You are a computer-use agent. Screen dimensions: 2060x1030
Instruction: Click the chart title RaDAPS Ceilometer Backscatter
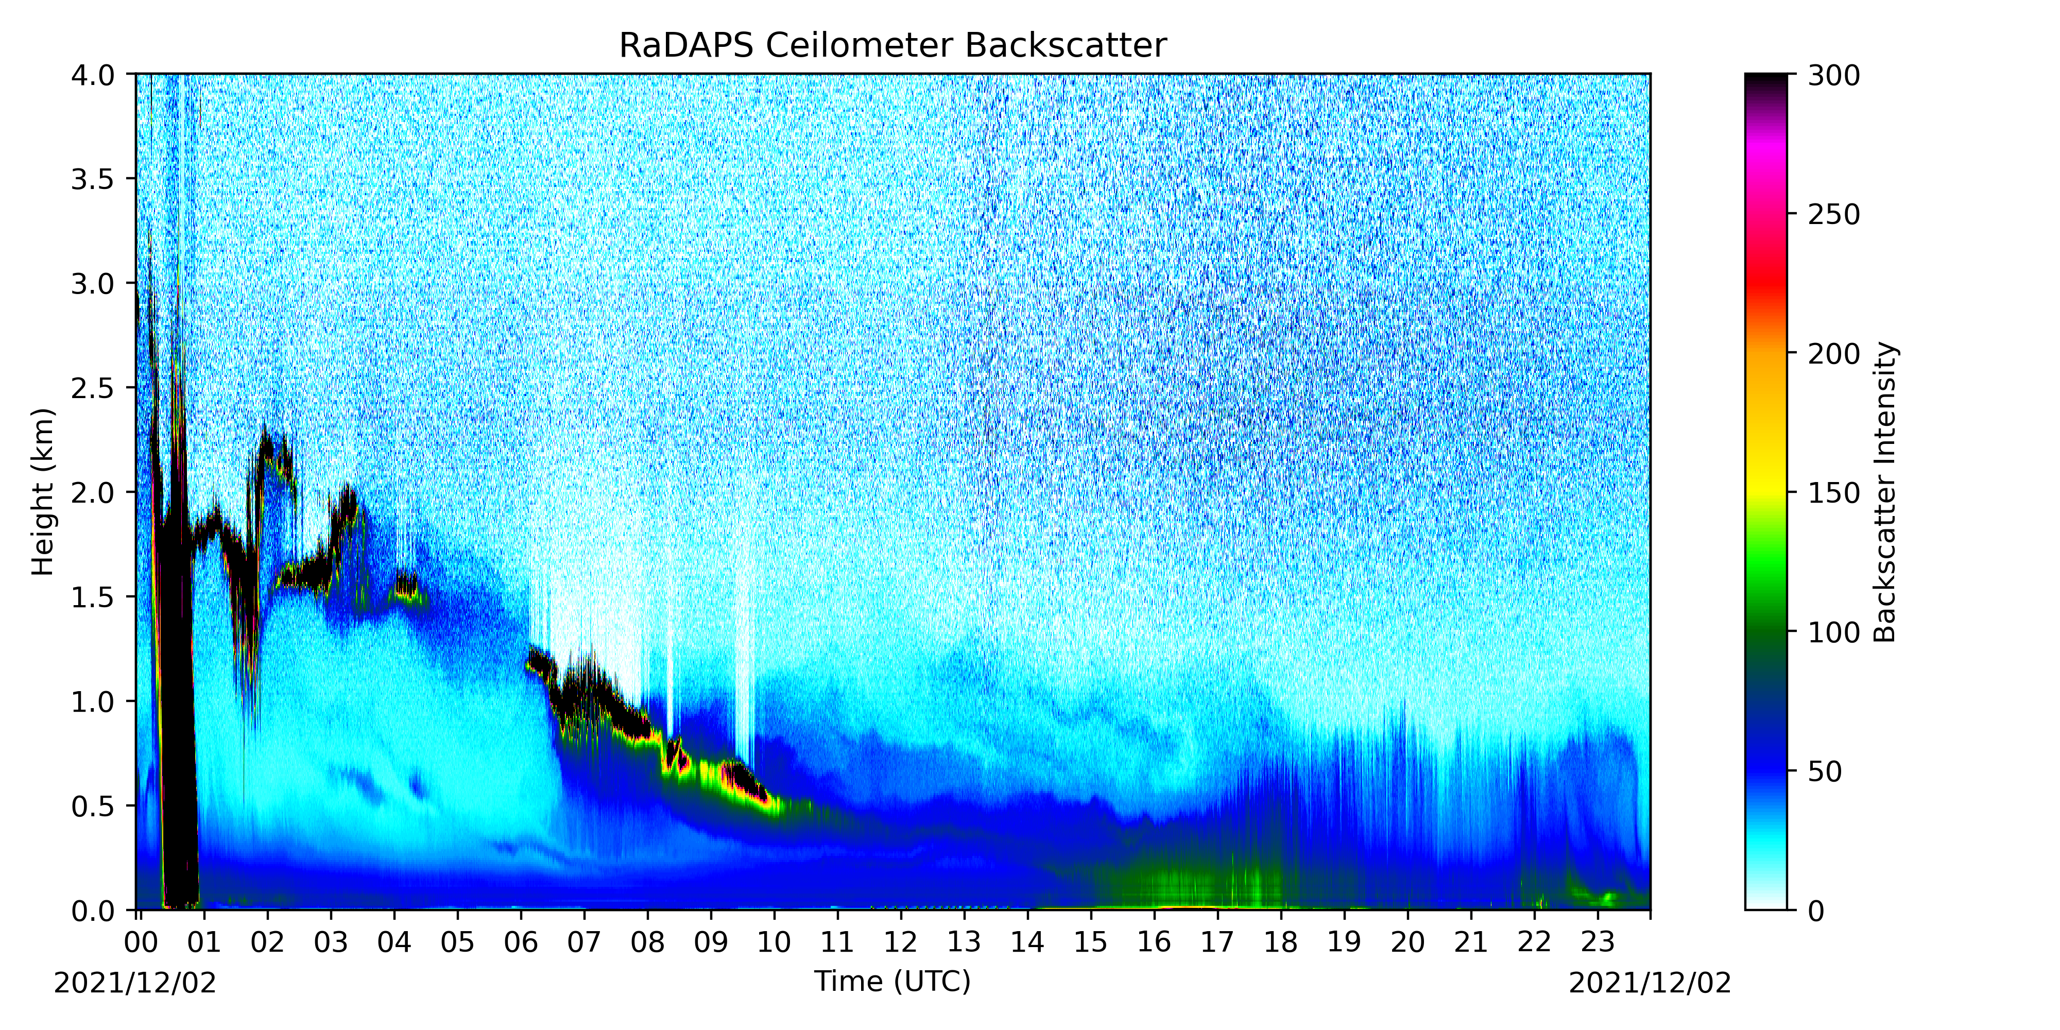click(x=892, y=46)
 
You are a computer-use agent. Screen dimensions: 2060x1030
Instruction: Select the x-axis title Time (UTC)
click(x=892, y=981)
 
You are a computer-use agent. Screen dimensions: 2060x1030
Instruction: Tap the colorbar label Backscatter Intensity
click(x=1885, y=492)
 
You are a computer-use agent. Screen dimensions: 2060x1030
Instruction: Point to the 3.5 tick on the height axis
click(x=92, y=179)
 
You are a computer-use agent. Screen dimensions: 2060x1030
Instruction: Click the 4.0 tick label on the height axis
click(x=92, y=75)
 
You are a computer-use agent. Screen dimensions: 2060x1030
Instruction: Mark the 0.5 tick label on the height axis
click(x=92, y=806)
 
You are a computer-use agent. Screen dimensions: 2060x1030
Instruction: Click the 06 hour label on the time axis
click(x=521, y=942)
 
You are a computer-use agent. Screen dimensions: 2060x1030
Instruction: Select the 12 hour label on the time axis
click(x=900, y=942)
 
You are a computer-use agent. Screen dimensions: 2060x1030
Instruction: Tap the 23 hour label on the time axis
click(x=1598, y=942)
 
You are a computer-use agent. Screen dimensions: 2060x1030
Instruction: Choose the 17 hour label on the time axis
click(x=1217, y=942)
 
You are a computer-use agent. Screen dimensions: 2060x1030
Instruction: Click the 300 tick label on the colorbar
click(x=1834, y=75)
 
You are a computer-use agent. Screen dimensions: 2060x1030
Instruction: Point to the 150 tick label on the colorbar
click(x=1834, y=493)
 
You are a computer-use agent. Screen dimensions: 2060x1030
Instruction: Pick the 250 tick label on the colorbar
click(x=1834, y=214)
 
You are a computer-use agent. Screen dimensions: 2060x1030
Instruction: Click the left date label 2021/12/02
click(x=135, y=983)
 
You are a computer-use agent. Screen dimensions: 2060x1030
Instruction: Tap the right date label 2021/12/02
click(x=1650, y=983)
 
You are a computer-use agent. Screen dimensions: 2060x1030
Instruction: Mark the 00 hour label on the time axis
click(x=141, y=942)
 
